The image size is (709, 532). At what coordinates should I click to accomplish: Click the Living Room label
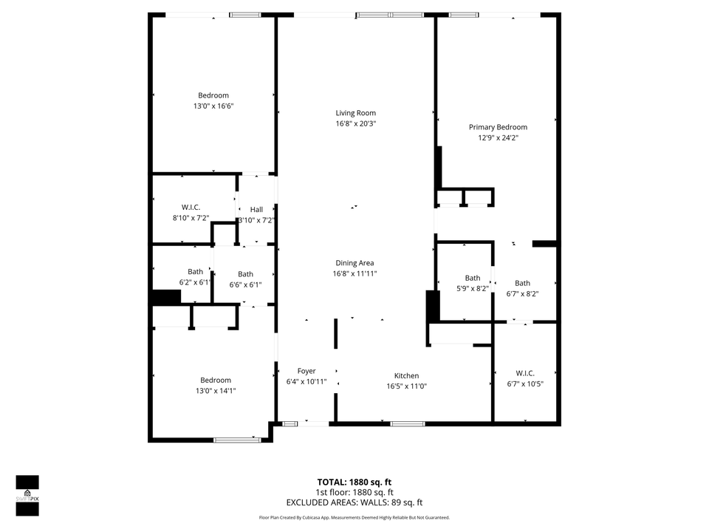[355, 113]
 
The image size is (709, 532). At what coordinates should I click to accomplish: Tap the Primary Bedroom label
[498, 127]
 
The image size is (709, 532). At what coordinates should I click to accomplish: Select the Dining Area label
[355, 263]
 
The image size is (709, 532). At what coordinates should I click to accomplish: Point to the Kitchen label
[406, 376]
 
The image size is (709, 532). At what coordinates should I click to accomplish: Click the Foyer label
[306, 371]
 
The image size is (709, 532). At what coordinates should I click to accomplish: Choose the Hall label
[256, 210]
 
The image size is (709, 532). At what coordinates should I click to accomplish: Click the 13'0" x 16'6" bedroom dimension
[213, 106]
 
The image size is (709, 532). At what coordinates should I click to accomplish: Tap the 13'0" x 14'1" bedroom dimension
[216, 391]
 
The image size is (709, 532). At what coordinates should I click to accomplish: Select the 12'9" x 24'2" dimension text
[499, 137]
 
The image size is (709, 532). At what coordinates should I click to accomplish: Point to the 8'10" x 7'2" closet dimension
[191, 218]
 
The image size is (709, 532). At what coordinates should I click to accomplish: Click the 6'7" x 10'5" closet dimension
[525, 383]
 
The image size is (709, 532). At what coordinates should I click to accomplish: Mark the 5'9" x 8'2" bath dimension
[472, 289]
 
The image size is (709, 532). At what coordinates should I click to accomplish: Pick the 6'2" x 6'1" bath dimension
[195, 282]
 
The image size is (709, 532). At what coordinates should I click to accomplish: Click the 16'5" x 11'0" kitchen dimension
[407, 386]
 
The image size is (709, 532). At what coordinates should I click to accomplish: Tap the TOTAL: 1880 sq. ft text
[354, 482]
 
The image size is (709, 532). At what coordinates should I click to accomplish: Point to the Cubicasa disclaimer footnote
[354, 517]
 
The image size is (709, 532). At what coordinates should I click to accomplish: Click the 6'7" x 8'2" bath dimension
[522, 293]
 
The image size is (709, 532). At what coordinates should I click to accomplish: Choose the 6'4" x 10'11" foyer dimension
[306, 381]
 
